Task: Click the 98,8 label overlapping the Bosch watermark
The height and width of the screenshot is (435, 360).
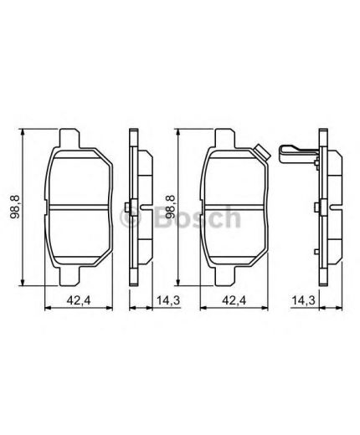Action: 170,207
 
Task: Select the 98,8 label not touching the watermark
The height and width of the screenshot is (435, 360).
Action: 15,207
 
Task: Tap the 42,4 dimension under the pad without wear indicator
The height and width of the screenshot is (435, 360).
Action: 79,300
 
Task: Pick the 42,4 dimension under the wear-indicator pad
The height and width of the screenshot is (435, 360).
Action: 234,300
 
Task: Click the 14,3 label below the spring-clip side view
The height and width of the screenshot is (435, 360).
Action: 303,300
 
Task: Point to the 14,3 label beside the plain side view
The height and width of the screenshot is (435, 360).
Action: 168,300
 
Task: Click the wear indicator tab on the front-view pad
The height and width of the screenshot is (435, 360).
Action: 262,153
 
